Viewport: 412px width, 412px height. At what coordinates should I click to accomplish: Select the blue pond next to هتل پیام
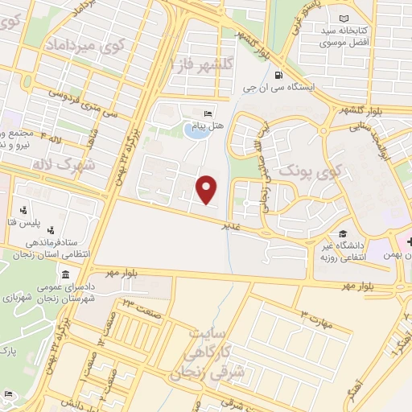194,128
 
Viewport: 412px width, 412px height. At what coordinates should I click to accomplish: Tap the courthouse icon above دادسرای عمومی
64,276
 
